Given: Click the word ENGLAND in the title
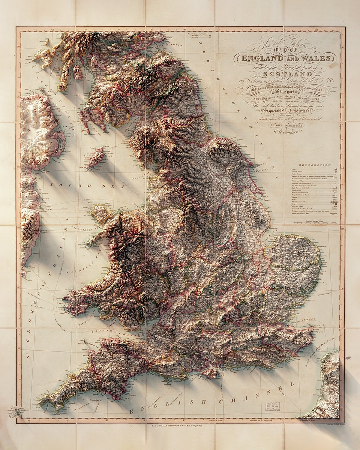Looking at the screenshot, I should pos(262,58).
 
